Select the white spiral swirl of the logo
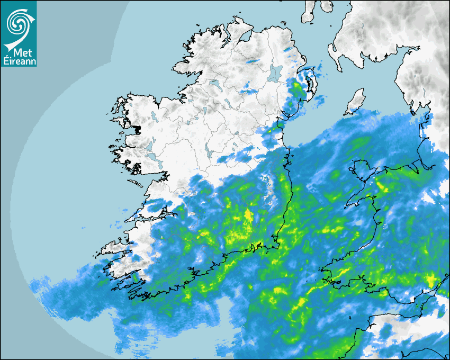[x=18, y=23]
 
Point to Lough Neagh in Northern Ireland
[x=275, y=73]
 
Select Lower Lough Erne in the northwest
[x=214, y=84]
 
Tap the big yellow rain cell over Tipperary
[x=248, y=217]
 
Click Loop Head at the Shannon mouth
[x=127, y=221]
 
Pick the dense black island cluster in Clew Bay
[x=138, y=129]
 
